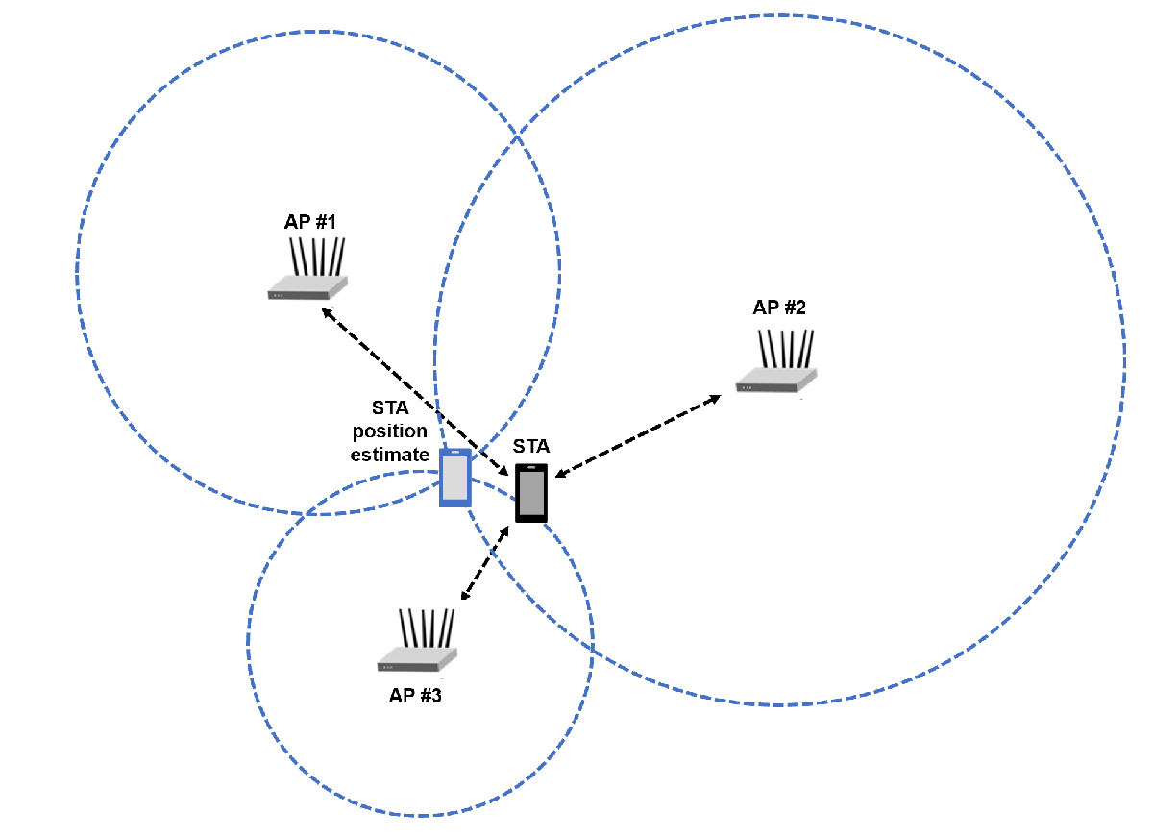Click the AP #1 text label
(309, 222)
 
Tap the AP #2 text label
(779, 308)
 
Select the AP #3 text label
(415, 696)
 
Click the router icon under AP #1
(307, 269)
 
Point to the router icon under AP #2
(776, 361)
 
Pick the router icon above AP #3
(417, 640)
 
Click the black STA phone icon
(531, 493)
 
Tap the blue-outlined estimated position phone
(455, 478)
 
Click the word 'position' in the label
(390, 431)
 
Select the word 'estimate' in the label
(390, 455)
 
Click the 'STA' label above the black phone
(531, 446)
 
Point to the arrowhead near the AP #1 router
(327, 312)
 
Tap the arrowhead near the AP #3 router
(465, 595)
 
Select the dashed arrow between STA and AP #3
(485, 562)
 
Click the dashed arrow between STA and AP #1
(415, 391)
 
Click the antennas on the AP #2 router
(786, 349)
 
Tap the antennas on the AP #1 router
(317, 257)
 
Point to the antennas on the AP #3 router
(427, 628)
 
